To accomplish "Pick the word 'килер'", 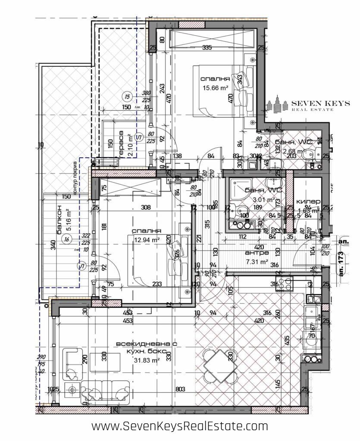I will [x=309, y=202].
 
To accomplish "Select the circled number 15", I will [x=127, y=96].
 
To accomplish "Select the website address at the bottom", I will [x=180, y=426].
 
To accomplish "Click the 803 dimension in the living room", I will [x=180, y=389].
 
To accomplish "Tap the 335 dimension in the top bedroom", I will [x=207, y=48].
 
